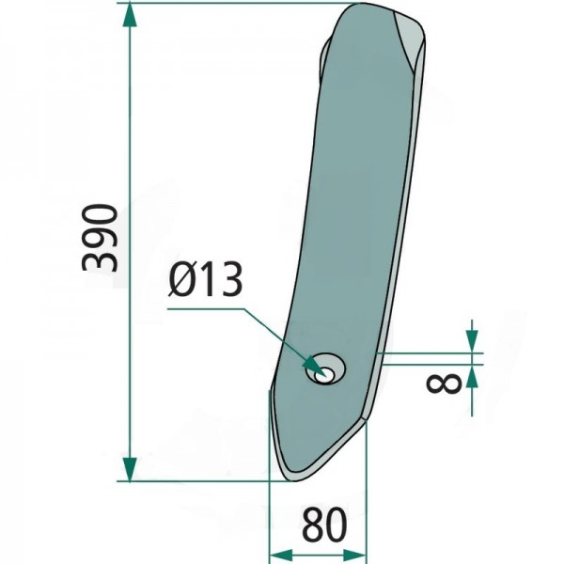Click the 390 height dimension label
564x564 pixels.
click(x=100, y=238)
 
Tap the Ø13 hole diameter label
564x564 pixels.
click(x=205, y=279)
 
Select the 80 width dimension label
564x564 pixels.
click(x=324, y=525)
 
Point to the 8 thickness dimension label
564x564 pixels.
click(x=443, y=384)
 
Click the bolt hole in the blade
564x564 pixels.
click(x=325, y=368)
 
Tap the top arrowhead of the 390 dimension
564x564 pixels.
click(x=130, y=15)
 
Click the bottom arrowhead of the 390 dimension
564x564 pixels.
click(x=130, y=469)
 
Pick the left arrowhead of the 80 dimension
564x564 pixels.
click(x=281, y=556)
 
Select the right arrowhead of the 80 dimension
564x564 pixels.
click(x=354, y=556)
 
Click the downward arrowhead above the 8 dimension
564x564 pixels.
click(x=472, y=342)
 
